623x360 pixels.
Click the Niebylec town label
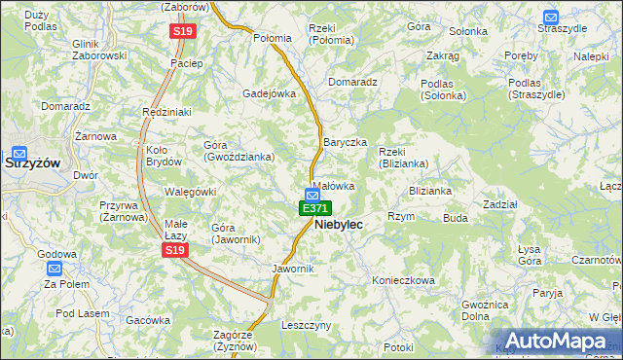point(339,225)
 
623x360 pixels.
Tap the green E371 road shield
point(314,208)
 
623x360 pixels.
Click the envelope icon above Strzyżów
point(18,152)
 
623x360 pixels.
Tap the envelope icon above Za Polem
point(55,269)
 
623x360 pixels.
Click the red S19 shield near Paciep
point(183,32)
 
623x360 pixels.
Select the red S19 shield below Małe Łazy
point(174,250)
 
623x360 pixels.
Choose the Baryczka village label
point(345,142)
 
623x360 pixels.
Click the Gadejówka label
point(269,93)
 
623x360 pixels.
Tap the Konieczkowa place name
point(403,280)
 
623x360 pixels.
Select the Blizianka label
point(430,191)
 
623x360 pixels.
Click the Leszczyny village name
point(307,325)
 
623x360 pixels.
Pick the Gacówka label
point(148,319)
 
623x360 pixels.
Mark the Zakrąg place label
point(442,56)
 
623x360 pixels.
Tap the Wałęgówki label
point(190,192)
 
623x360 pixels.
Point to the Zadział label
point(499,204)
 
